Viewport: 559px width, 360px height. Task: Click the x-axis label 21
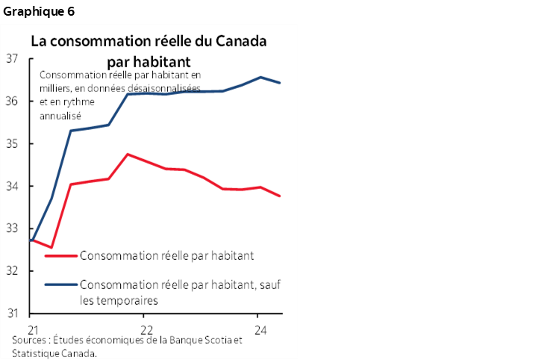tap(31, 329)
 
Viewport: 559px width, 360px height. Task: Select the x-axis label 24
tap(258, 329)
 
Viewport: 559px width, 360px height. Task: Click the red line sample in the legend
tap(60, 255)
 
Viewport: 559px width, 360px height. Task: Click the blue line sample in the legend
tap(60, 285)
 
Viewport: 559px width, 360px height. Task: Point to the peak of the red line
tap(128, 154)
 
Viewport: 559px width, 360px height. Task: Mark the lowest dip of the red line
tap(51, 247)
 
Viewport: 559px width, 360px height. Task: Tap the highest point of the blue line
tap(260, 77)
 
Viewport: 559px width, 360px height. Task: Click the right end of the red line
tap(280, 196)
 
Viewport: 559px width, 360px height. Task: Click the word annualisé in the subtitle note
tap(60, 117)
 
